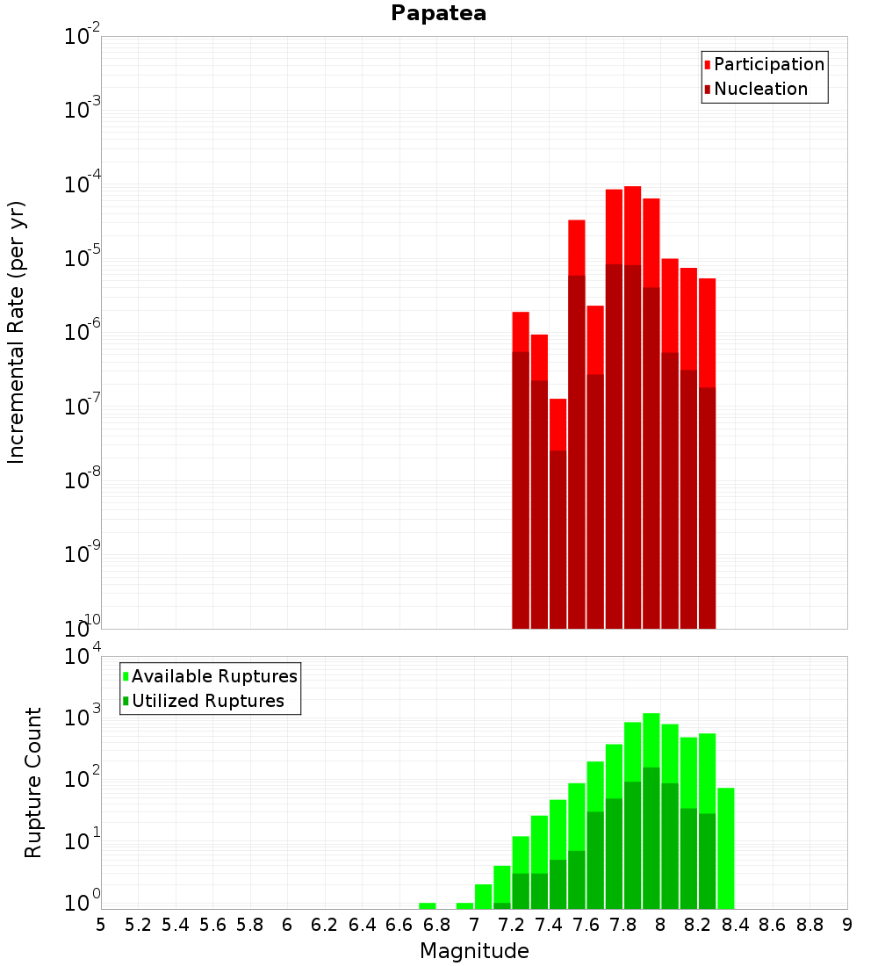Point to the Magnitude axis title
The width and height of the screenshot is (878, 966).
(x=474, y=951)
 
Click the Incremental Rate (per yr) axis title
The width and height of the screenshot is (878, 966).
(x=17, y=332)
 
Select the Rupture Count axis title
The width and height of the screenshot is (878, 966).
(x=33, y=782)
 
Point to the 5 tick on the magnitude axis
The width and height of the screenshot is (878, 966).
(x=101, y=925)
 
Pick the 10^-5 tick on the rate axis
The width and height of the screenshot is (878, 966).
(x=83, y=259)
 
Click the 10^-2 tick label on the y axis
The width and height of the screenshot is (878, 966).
(x=83, y=37)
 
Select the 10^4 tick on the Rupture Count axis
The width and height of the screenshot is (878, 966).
(x=83, y=657)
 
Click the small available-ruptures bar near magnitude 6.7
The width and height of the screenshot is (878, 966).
(x=428, y=905)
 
